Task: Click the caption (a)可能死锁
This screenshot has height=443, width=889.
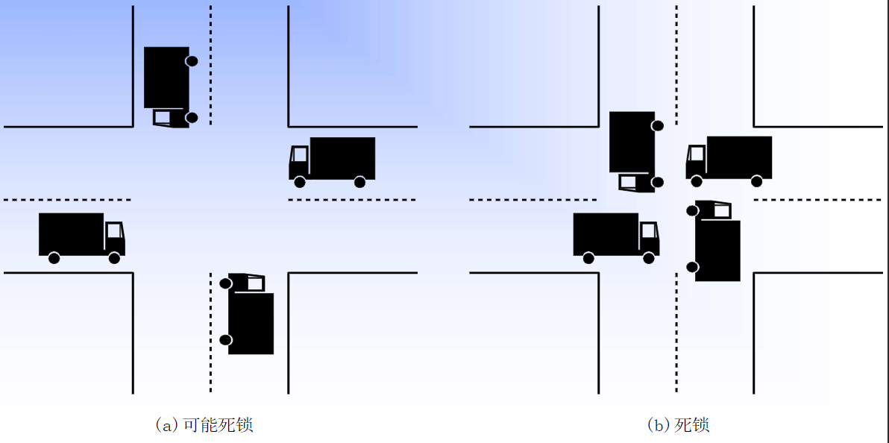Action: (204, 425)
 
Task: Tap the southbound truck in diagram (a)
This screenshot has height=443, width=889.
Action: (167, 86)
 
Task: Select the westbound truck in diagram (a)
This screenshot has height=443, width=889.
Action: (332, 159)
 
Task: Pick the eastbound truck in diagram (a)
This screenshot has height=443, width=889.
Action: (82, 235)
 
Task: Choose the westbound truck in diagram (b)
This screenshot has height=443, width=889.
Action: (729, 158)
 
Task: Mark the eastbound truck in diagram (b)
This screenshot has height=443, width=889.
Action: (616, 235)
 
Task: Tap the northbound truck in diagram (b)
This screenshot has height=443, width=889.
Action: (717, 242)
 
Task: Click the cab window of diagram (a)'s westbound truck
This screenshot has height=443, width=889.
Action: (300, 154)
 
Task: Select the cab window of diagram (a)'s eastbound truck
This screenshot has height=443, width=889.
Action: (113, 230)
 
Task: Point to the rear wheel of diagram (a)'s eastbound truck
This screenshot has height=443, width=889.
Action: (54, 258)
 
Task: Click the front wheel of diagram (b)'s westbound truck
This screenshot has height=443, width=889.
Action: (697, 181)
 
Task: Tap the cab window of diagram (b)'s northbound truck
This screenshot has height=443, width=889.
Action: (722, 211)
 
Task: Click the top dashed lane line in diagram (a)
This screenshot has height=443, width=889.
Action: (210, 63)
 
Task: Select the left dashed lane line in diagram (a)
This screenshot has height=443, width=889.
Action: (67, 200)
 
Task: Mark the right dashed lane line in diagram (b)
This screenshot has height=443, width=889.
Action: (818, 200)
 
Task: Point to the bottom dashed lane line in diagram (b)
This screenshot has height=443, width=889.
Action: (676, 332)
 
